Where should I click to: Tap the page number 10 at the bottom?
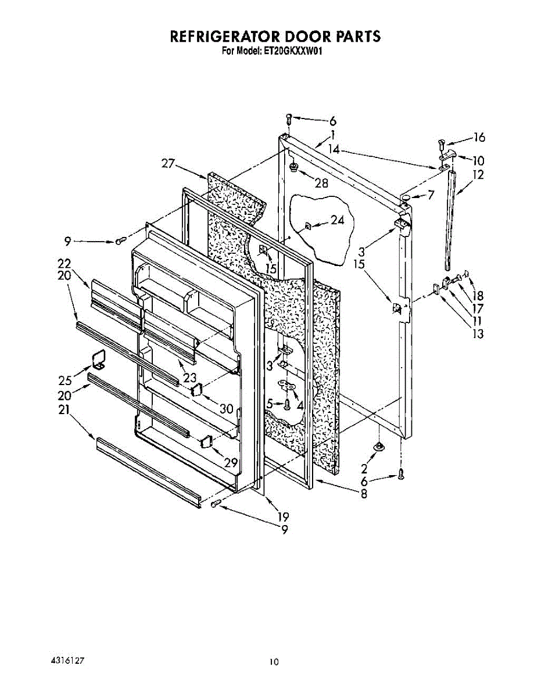pos(274,662)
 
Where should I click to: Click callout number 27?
pos(168,164)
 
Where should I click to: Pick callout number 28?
pos(321,184)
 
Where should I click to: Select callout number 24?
pos(337,220)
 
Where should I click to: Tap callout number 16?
pos(479,138)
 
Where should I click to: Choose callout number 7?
pos(431,196)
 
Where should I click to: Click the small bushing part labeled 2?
pos(379,446)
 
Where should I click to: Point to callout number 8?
pos(364,495)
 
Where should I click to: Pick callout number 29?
pos(231,462)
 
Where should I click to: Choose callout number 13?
pos(478,333)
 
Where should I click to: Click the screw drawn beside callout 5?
pos(286,404)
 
